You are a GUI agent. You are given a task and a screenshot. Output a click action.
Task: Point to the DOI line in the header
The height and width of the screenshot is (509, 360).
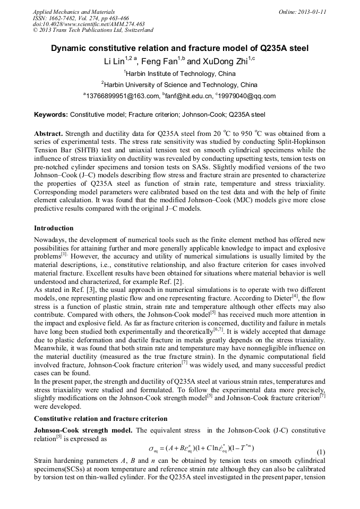pyautogui.click(x=89, y=24)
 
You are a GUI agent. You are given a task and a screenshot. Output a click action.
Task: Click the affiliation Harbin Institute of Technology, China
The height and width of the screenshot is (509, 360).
pyautogui.click(x=181, y=74)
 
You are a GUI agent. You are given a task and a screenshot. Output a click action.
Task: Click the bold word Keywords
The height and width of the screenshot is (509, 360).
pyautogui.click(x=51, y=114)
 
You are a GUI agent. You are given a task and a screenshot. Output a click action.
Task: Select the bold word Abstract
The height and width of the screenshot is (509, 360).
pyautogui.click(x=48, y=133)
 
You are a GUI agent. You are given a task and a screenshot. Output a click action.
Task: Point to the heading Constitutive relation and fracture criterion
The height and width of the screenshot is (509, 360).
pyautogui.click(x=100, y=419)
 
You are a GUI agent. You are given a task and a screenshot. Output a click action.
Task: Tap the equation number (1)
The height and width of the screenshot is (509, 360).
pyautogui.click(x=320, y=452)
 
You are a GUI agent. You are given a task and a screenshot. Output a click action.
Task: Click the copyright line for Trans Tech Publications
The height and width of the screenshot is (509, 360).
pyautogui.click(x=93, y=30)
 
